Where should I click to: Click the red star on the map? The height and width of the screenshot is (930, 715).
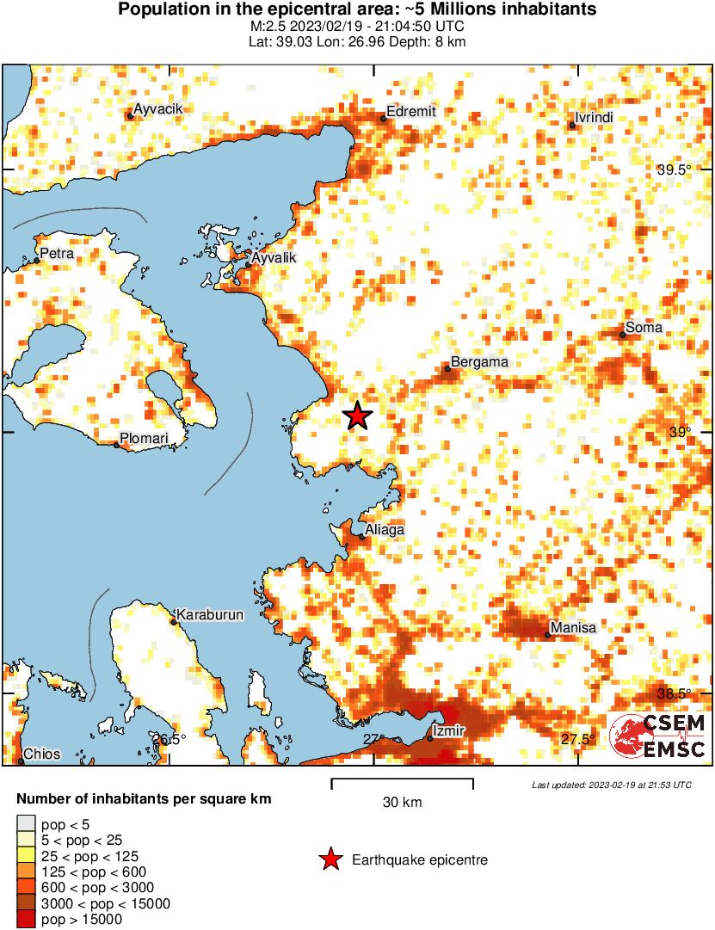click(357, 416)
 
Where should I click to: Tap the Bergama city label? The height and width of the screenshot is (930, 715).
click(479, 362)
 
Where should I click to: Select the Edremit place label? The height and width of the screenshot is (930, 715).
click(411, 111)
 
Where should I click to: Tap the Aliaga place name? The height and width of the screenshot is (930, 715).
click(384, 530)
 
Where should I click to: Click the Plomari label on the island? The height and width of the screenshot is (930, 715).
click(143, 438)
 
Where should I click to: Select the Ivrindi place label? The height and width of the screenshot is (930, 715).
click(594, 118)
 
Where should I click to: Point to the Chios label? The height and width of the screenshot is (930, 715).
click(41, 754)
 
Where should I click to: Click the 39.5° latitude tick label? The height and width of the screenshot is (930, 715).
click(674, 170)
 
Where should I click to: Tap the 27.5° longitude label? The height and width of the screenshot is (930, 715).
click(578, 739)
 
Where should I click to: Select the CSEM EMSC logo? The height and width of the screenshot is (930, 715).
click(658, 737)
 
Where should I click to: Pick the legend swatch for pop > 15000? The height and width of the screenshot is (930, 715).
click(27, 920)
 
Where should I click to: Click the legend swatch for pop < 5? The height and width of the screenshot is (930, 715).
click(27, 823)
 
